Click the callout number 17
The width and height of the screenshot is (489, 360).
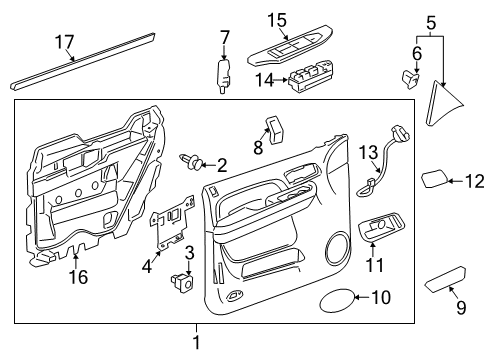pos(63,43)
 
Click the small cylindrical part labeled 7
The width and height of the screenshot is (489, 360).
pos(223,75)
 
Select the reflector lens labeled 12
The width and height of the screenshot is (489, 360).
pos(434,181)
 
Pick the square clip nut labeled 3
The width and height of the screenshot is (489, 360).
pos(181,283)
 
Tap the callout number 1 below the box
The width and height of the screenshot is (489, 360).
pos(196,342)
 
